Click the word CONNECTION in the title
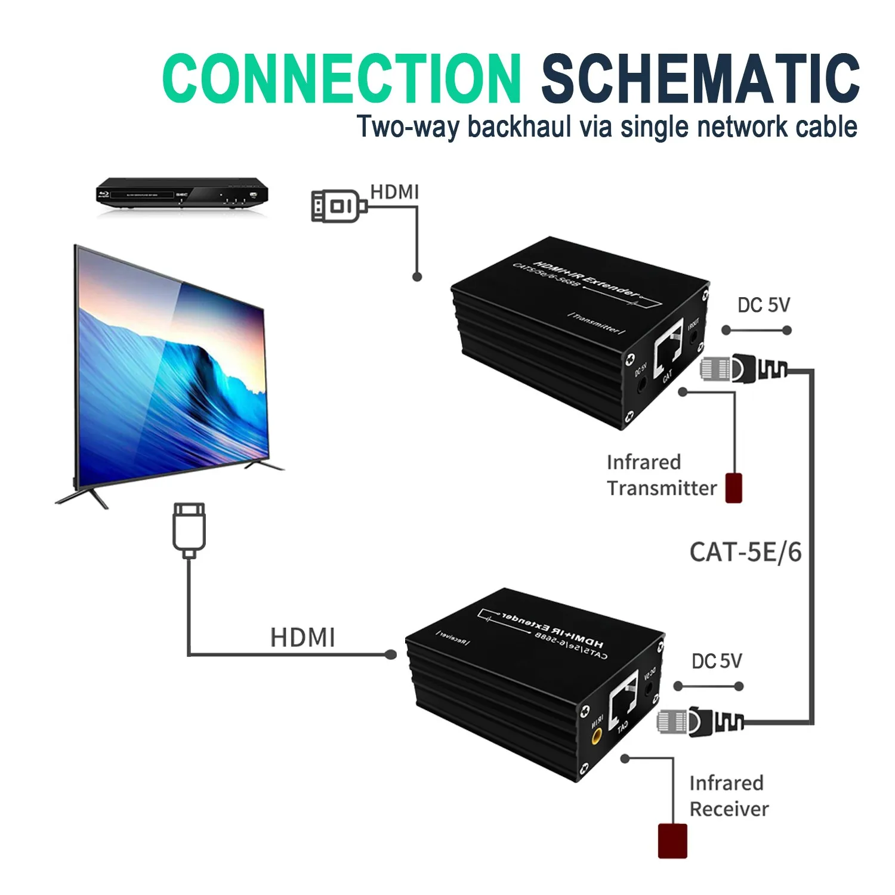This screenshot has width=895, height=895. coord(341,78)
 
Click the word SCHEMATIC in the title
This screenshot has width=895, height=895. coord(700,78)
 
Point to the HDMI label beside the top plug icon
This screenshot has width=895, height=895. coord(394,192)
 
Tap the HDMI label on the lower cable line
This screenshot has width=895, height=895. coord(303,637)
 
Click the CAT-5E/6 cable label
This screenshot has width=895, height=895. coord(745,552)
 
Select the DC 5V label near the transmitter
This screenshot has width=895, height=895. coord(763,305)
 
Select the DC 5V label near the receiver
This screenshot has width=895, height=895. coord(717,661)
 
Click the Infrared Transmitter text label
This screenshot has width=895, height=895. coord(661,476)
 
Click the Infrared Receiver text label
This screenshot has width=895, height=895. coord(729,796)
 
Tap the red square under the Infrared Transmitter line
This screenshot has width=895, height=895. coord(733,487)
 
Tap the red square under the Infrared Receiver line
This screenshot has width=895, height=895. coord(672,841)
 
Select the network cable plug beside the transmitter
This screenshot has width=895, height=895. coord(742,368)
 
